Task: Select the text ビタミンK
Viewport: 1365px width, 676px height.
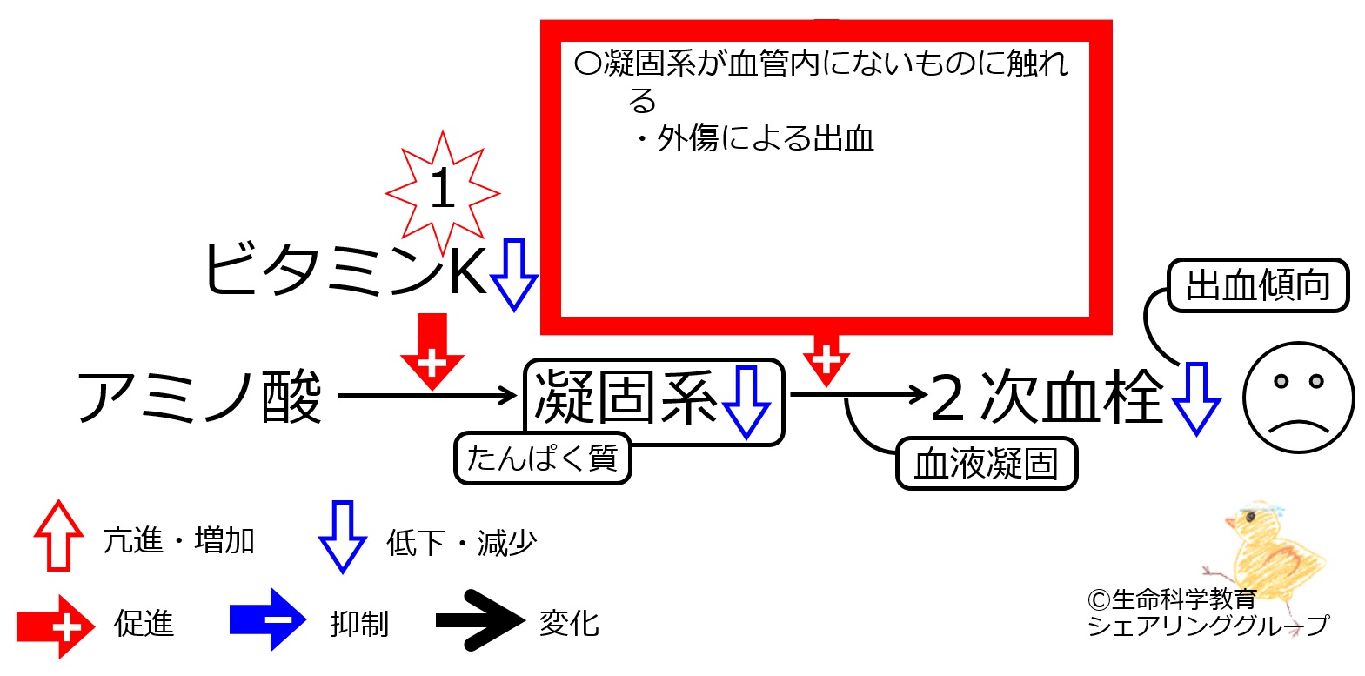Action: click(345, 270)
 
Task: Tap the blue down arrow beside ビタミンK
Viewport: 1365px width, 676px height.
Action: click(513, 275)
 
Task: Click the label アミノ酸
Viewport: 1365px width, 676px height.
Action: click(199, 397)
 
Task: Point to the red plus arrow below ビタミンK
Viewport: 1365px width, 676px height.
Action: click(432, 351)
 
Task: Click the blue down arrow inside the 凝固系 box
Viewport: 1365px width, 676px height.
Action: click(746, 402)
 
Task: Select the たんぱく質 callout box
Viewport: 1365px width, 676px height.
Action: click(542, 458)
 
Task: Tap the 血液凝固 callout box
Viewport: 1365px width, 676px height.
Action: click(987, 463)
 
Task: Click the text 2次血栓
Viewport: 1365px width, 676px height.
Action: click(1047, 397)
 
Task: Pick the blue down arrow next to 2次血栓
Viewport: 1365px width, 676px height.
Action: click(1196, 399)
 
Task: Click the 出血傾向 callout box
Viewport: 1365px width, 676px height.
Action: click(1258, 285)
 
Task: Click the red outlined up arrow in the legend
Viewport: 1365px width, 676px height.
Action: click(58, 536)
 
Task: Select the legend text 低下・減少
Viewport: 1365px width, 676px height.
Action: click(462, 543)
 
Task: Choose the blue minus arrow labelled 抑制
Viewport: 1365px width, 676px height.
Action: click(267, 619)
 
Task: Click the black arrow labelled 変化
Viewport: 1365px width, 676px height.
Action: click(480, 620)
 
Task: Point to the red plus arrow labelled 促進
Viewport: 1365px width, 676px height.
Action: click(56, 626)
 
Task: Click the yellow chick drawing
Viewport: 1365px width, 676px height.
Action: click(1270, 552)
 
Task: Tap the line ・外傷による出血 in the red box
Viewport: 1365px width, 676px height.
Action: click(753, 138)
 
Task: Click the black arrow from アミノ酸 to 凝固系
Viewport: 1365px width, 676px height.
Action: click(427, 395)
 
